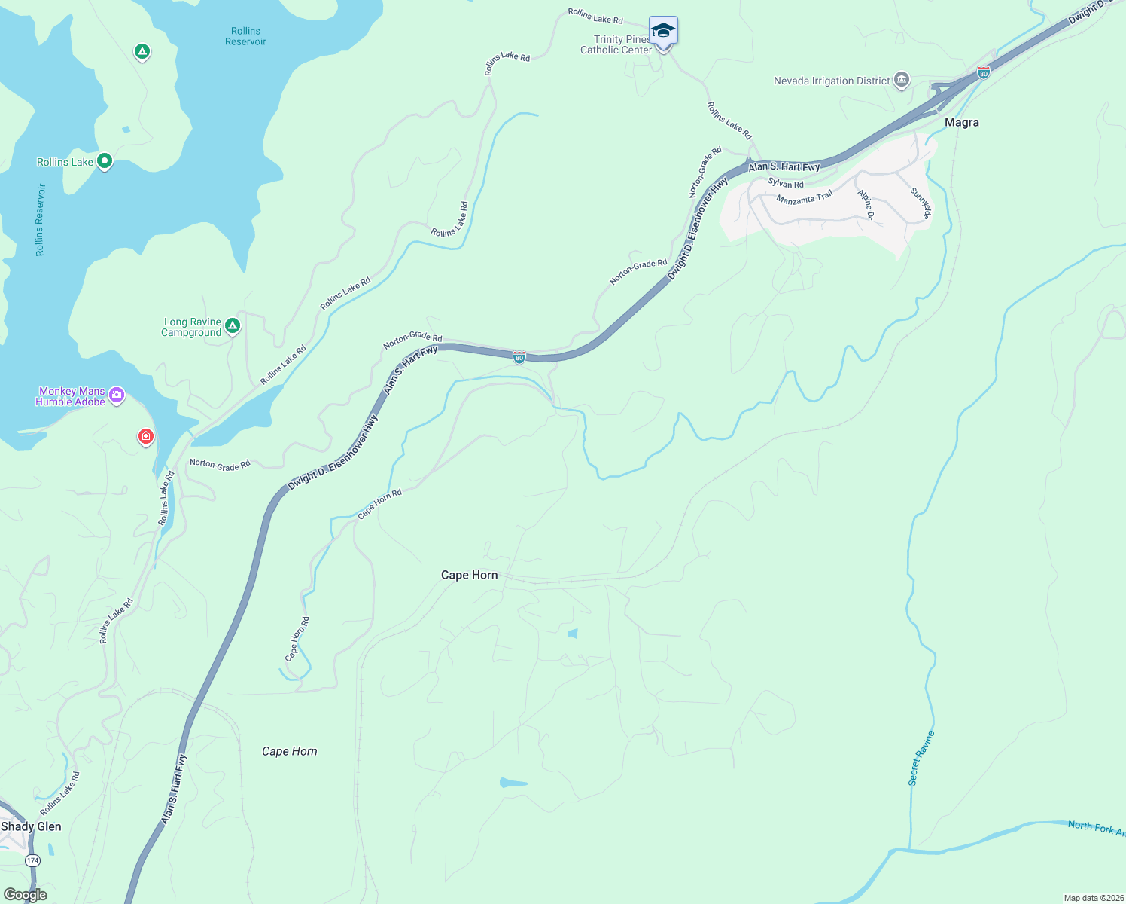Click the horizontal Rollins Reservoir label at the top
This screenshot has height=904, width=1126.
[245, 36]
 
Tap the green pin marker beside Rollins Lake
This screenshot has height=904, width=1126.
[105, 161]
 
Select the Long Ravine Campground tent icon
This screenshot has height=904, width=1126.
[233, 325]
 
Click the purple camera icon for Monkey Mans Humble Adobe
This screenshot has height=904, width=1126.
[117, 395]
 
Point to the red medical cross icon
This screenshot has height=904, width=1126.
[146, 436]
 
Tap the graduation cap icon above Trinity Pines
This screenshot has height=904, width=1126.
[663, 31]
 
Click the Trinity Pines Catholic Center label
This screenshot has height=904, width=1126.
[616, 45]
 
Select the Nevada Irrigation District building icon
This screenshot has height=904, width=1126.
[902, 81]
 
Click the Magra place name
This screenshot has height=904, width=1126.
[961, 122]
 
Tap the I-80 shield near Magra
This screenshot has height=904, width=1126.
[983, 73]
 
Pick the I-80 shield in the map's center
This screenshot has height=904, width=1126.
[519, 357]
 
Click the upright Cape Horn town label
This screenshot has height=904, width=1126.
[469, 575]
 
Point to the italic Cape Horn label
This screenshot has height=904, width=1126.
[290, 751]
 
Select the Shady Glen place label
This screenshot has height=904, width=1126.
[31, 826]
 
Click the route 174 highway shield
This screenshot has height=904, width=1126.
[32, 860]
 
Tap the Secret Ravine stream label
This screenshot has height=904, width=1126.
[921, 759]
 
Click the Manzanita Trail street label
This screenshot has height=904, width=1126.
[804, 198]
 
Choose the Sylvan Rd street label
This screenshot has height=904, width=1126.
[785, 184]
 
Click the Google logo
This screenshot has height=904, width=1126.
[26, 895]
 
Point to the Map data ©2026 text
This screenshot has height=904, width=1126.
[1093, 898]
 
